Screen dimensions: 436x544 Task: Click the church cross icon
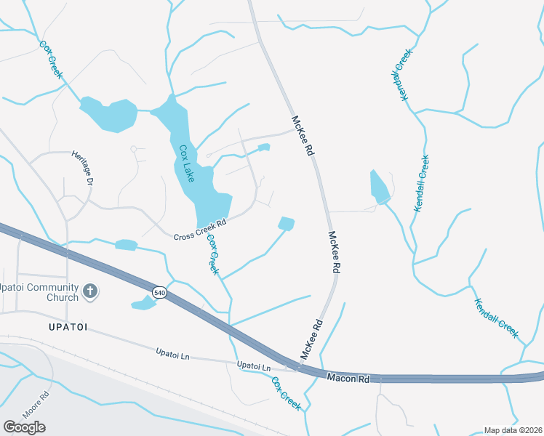pos(90,291)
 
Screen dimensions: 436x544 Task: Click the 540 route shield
pos(159,292)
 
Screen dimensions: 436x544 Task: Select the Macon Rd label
pos(348,378)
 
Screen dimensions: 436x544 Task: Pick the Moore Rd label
pos(34,405)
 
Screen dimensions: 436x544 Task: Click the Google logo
pos(24,427)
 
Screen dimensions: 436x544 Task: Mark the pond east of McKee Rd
pos(380,188)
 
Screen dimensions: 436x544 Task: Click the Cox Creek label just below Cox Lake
pos(212,254)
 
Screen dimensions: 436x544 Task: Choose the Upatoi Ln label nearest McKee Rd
pos(253,365)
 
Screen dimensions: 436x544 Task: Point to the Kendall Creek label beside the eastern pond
pos(421,183)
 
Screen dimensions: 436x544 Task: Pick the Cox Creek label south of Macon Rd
pos(286,393)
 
